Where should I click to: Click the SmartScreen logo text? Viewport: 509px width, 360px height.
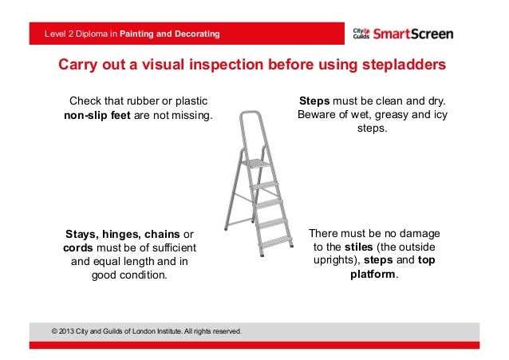pos(413,34)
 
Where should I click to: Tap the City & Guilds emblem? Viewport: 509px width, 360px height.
pos(361,34)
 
